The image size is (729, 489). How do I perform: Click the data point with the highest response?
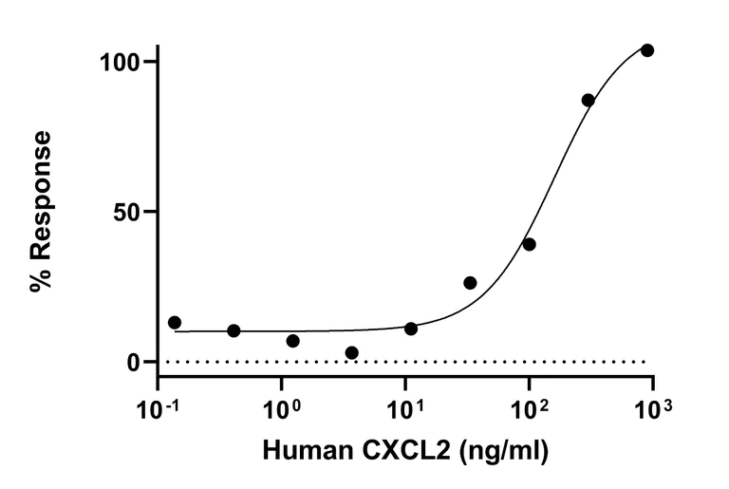647,50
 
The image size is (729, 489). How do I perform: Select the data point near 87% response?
589,100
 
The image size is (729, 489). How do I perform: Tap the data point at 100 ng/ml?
529,244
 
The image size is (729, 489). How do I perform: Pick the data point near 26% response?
470,283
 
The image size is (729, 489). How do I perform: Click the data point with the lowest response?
352,353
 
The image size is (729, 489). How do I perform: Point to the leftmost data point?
175,323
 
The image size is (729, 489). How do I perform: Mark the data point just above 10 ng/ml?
411,329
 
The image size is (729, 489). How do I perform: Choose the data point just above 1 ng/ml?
292,341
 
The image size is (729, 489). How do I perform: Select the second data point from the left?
234,330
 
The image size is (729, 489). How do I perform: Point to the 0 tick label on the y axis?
136,363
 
